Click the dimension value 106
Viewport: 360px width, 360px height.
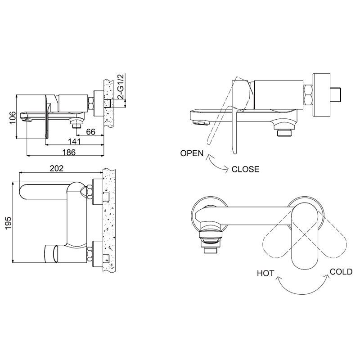tap(13, 117)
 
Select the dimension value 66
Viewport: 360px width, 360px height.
tap(91, 132)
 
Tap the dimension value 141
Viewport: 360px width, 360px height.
tap(74, 142)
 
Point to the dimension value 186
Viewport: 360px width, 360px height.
tap(69, 152)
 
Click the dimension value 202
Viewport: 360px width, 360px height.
tap(57, 168)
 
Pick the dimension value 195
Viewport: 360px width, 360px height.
tap(8, 223)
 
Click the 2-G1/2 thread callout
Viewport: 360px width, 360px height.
tap(121, 86)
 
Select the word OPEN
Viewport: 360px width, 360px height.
tap(192, 153)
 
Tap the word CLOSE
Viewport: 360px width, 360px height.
tap(245, 169)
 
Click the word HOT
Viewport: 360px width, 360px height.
tap(265, 273)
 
